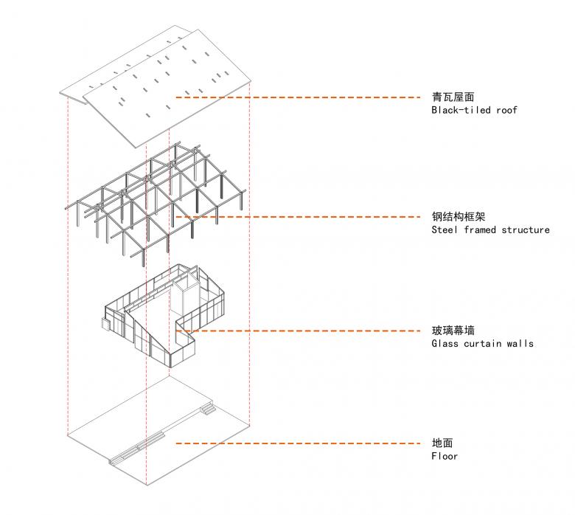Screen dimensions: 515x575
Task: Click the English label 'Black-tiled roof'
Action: [474, 111]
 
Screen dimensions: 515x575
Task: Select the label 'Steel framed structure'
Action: [490, 230]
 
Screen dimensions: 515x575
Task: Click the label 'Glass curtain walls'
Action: [482, 344]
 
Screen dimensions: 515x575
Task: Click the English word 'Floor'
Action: [445, 457]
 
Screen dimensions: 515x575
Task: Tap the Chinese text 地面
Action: [442, 443]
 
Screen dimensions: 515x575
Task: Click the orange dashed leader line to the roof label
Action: [295, 97]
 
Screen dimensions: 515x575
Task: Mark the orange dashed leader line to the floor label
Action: [295, 443]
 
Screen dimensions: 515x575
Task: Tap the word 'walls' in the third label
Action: [518, 344]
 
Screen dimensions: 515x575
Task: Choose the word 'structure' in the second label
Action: [526, 230]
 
